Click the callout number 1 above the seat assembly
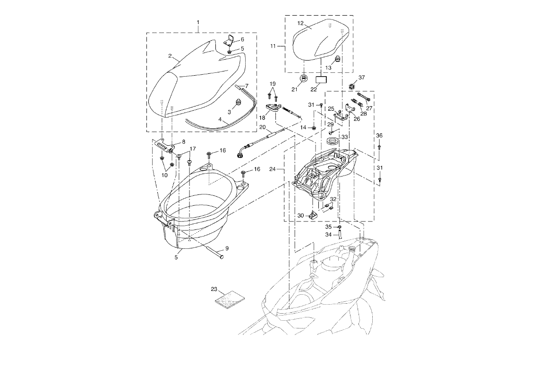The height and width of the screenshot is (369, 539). pyautogui.click(x=198, y=23)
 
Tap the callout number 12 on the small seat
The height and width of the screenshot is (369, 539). pyautogui.click(x=300, y=23)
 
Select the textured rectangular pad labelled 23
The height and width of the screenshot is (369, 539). pyautogui.click(x=230, y=299)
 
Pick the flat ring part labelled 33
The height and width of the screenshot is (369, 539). pyautogui.click(x=333, y=142)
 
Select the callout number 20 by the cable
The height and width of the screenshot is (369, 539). pyautogui.click(x=263, y=127)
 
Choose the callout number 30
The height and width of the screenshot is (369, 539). pyautogui.click(x=301, y=215)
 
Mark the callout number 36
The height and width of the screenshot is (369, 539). pyautogui.click(x=379, y=136)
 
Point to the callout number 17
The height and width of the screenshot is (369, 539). pyautogui.click(x=193, y=149)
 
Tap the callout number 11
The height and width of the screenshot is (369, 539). pyautogui.click(x=273, y=46)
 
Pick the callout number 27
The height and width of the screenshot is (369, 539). pyautogui.click(x=369, y=108)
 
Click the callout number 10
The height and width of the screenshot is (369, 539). pyautogui.click(x=165, y=175)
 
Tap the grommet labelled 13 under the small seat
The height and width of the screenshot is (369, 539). pyautogui.click(x=338, y=59)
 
